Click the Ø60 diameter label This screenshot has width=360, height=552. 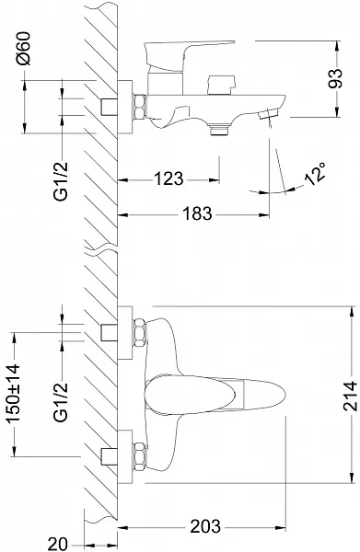click(x=24, y=49)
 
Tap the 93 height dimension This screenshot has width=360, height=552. click(x=334, y=78)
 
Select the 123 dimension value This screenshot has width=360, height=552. click(x=168, y=178)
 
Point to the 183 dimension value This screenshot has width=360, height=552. click(x=197, y=213)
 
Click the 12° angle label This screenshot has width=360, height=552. click(x=315, y=174)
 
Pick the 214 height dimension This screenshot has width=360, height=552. click(x=351, y=396)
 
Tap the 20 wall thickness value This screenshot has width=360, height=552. click(x=57, y=545)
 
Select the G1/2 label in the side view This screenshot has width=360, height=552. click(x=61, y=181)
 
